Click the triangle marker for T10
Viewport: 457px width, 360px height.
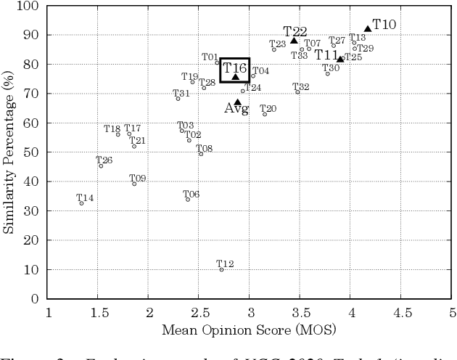point(367,29)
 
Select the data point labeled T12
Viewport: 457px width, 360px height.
point(221,269)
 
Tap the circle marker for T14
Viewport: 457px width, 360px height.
point(81,203)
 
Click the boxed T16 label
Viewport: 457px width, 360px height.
point(235,68)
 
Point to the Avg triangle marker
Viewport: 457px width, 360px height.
point(237,102)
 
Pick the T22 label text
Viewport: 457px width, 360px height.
point(295,32)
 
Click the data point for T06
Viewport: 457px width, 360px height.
point(188,199)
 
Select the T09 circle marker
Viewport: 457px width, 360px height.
point(134,184)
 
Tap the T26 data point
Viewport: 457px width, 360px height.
point(101,166)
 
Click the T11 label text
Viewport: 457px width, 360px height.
point(326,55)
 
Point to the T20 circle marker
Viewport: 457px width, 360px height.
point(265,114)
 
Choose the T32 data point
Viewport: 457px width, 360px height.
point(297,92)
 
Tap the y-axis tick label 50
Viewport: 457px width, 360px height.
point(31,152)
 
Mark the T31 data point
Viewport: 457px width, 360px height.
point(178,98)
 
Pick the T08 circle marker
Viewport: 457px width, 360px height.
point(201,154)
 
